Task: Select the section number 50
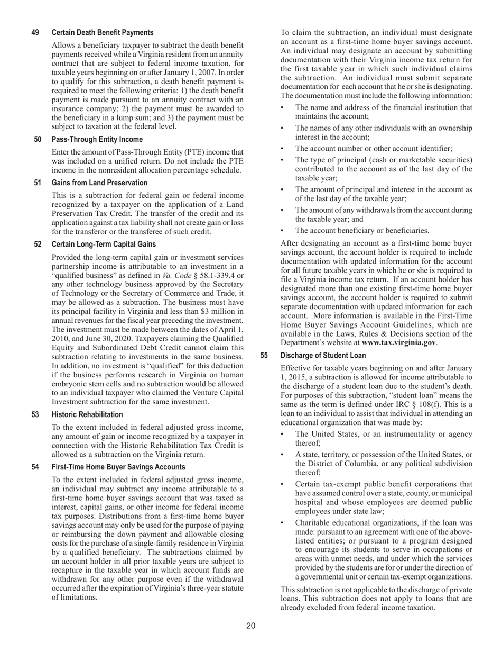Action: click(x=38, y=140)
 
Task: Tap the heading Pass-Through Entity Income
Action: click(x=97, y=140)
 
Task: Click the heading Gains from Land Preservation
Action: click(x=99, y=183)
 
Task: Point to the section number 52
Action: click(x=38, y=244)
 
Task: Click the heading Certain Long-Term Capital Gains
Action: click(x=104, y=244)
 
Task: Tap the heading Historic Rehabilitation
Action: click(x=87, y=414)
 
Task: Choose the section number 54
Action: click(x=35, y=467)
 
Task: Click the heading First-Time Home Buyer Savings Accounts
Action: click(x=118, y=467)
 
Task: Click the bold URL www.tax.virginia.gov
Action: click(x=398, y=342)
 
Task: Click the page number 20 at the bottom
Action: click(x=250, y=626)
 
